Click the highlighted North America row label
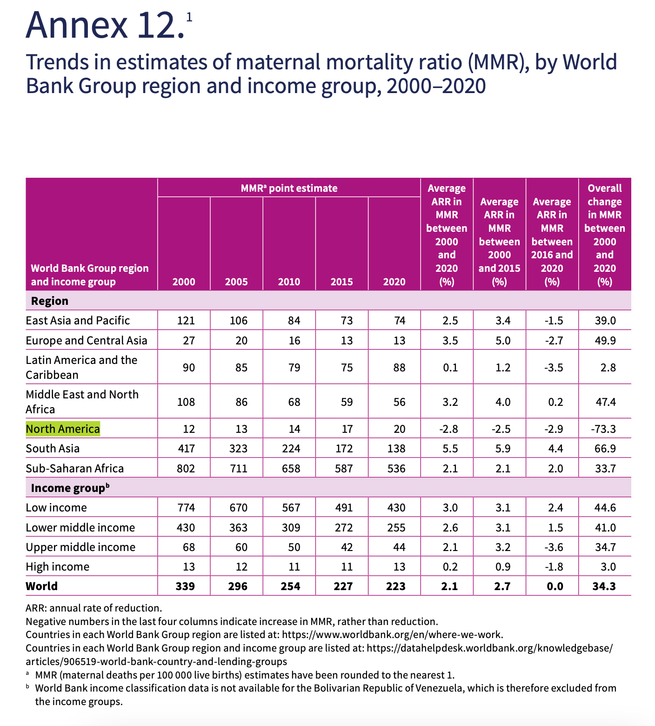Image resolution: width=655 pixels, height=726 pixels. click(63, 429)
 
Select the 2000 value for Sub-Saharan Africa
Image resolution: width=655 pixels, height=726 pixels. click(186, 468)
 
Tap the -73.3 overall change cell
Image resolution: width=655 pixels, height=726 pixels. click(603, 429)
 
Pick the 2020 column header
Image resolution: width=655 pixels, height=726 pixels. click(394, 282)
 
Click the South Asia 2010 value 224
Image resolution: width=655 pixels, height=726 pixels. click(291, 449)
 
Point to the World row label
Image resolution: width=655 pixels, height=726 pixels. click(42, 586)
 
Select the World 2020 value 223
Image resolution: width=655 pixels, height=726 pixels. click(396, 586)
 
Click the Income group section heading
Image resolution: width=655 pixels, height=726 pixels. click(70, 488)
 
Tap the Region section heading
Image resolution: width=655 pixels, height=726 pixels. click(50, 301)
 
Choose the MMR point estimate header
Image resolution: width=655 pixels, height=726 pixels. click(289, 188)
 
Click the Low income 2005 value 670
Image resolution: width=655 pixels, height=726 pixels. click(239, 507)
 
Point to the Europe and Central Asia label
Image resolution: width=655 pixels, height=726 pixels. click(87, 341)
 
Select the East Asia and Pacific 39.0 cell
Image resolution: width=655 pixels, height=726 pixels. click(606, 321)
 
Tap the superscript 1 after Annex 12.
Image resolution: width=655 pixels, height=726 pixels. click(189, 17)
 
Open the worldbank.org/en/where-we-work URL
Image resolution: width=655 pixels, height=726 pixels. click(393, 634)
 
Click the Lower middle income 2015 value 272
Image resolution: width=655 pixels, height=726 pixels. click(344, 527)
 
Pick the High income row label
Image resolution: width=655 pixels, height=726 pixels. click(58, 567)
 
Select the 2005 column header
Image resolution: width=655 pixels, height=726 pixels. click(236, 282)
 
